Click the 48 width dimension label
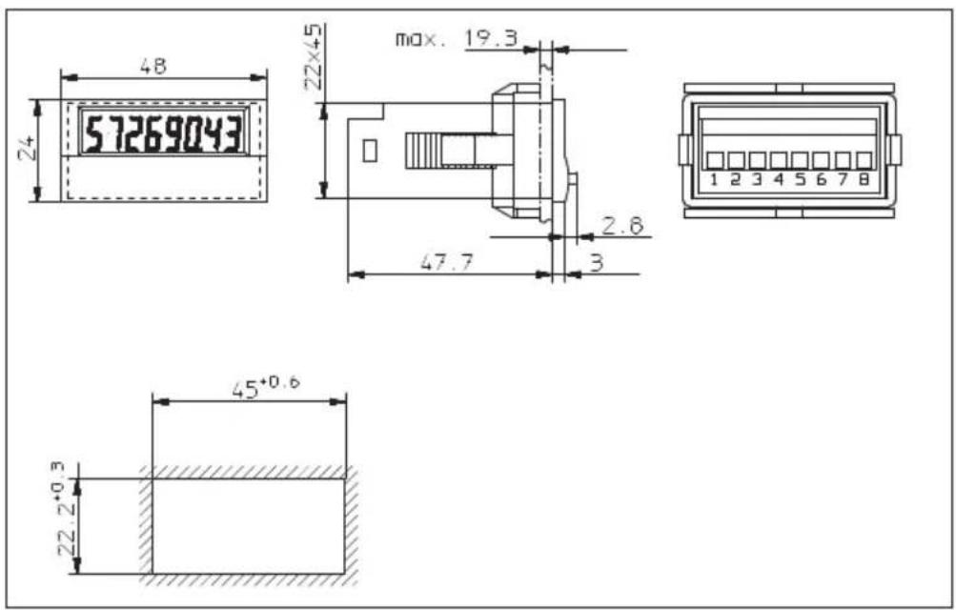point(153,65)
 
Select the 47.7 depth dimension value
point(446,263)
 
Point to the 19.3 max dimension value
point(491,38)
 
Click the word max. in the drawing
point(420,40)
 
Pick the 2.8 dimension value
point(622,226)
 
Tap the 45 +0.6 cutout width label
point(266,387)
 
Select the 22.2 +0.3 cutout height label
point(69,508)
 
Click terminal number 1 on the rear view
point(715,180)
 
